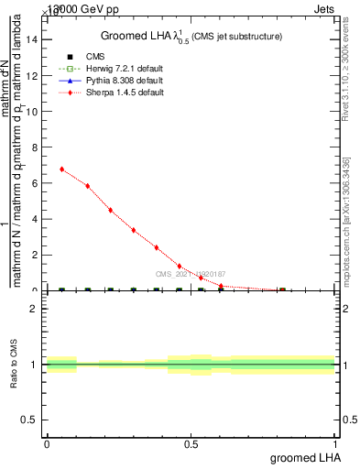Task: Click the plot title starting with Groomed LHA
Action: pos(191,36)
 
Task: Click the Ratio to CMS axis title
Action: pos(15,365)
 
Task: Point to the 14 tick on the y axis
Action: pos(35,39)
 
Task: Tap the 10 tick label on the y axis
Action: pos(35,112)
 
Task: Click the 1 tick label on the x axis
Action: pos(335,444)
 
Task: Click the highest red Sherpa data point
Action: pos(61,169)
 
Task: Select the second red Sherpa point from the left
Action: pos(88,186)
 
